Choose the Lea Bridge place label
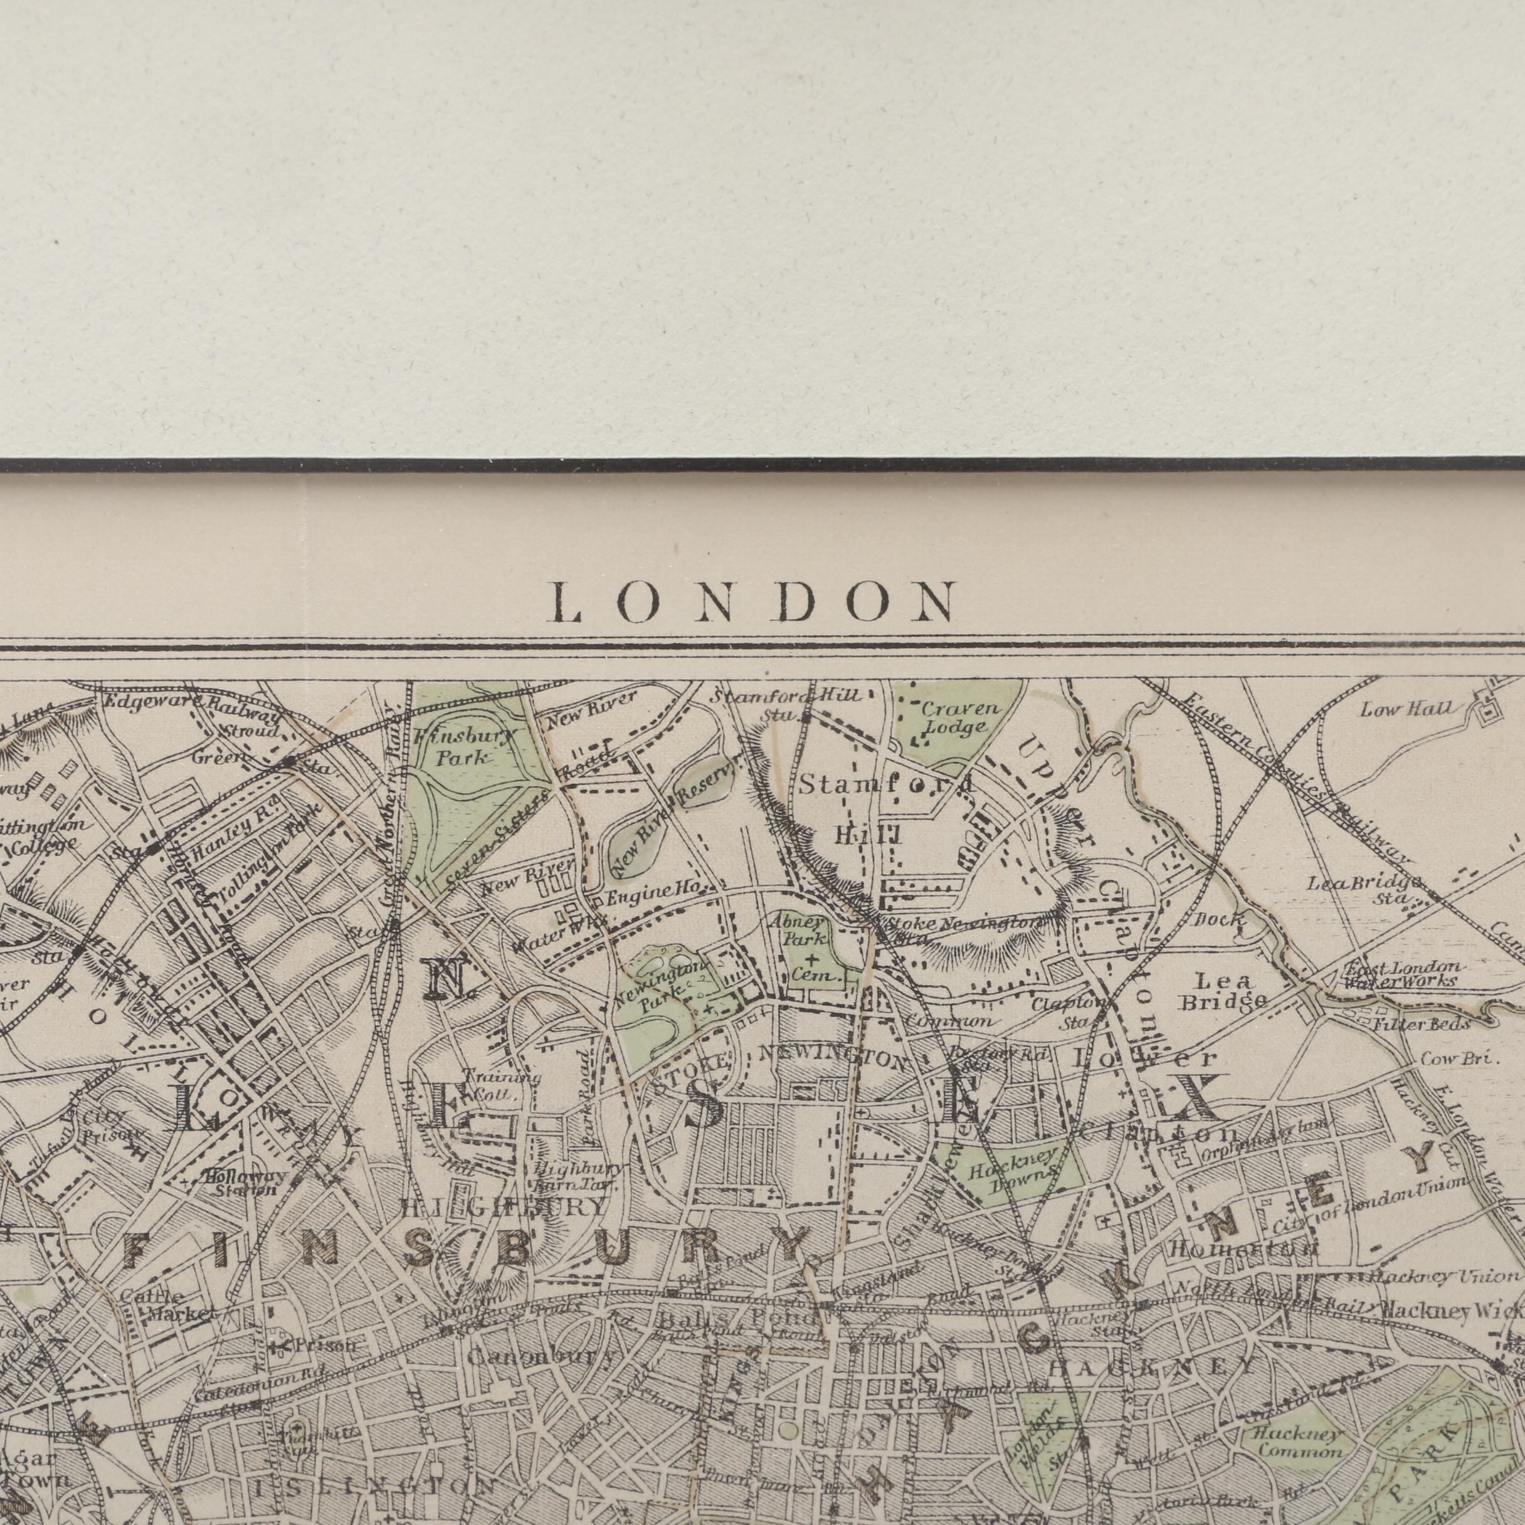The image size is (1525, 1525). (x=1223, y=992)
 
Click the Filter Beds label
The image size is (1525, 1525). (x=1421, y=1025)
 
